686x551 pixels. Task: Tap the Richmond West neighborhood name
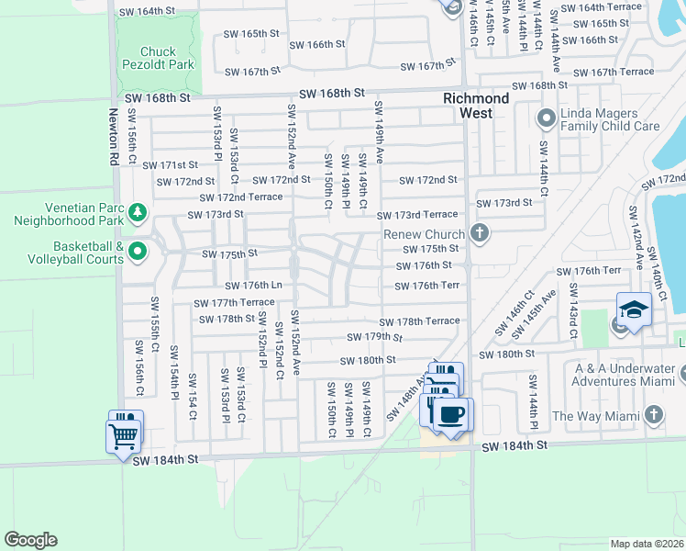click(476, 106)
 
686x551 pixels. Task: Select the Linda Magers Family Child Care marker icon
click(546, 118)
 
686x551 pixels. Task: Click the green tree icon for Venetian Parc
click(138, 213)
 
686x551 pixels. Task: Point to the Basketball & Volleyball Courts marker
click(138, 250)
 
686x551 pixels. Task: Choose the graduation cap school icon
click(634, 309)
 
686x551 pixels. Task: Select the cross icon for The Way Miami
click(653, 415)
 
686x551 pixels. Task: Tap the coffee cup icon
click(449, 413)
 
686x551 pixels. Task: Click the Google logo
click(30, 540)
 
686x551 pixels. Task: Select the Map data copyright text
click(647, 544)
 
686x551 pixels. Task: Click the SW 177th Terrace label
click(234, 302)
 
